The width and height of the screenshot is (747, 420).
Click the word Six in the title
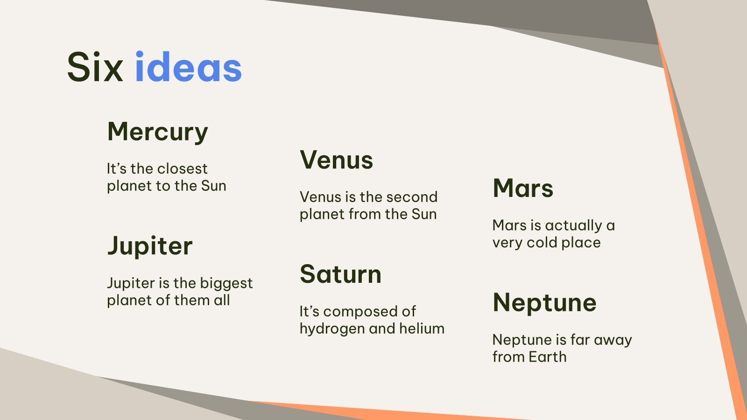(x=95, y=68)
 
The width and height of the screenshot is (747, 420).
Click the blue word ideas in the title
(x=188, y=68)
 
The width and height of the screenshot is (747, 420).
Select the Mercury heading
(x=157, y=132)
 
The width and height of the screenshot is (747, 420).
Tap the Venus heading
(x=336, y=160)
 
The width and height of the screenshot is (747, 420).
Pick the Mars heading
(x=523, y=189)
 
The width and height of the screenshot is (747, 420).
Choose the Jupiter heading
(x=149, y=246)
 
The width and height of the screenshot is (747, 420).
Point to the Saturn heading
(x=340, y=274)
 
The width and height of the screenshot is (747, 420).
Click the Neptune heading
(x=544, y=303)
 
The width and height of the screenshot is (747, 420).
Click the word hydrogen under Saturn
(x=332, y=329)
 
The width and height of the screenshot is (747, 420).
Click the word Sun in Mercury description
(x=214, y=186)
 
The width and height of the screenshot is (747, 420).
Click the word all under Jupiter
(x=222, y=300)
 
